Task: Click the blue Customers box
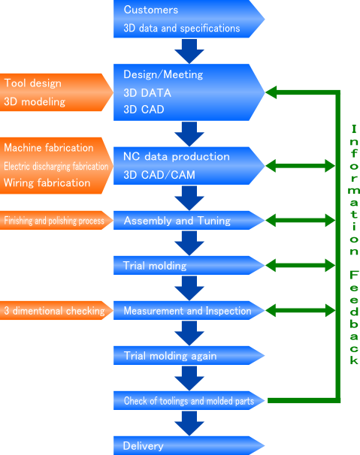coord(189,19)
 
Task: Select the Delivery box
coord(189,445)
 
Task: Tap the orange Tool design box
coord(56,92)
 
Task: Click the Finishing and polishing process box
coord(56,221)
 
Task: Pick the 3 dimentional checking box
coord(56,311)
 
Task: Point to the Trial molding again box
coord(189,355)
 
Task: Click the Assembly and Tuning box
coord(189,221)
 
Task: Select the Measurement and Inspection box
coord(189,311)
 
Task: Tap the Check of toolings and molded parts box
coord(189,400)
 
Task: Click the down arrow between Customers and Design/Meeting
coord(189,51)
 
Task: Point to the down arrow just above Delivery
coord(189,423)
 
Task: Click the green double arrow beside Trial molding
coord(301,266)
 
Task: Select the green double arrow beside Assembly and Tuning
coord(301,221)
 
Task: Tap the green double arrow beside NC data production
coord(301,166)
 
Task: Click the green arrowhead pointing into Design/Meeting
coord(271,92)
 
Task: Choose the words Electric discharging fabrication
coord(56,166)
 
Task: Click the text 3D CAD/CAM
coord(159,175)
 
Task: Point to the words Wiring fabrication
coord(47,183)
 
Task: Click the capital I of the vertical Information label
coord(354,129)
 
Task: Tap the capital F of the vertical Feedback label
coord(354,275)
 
